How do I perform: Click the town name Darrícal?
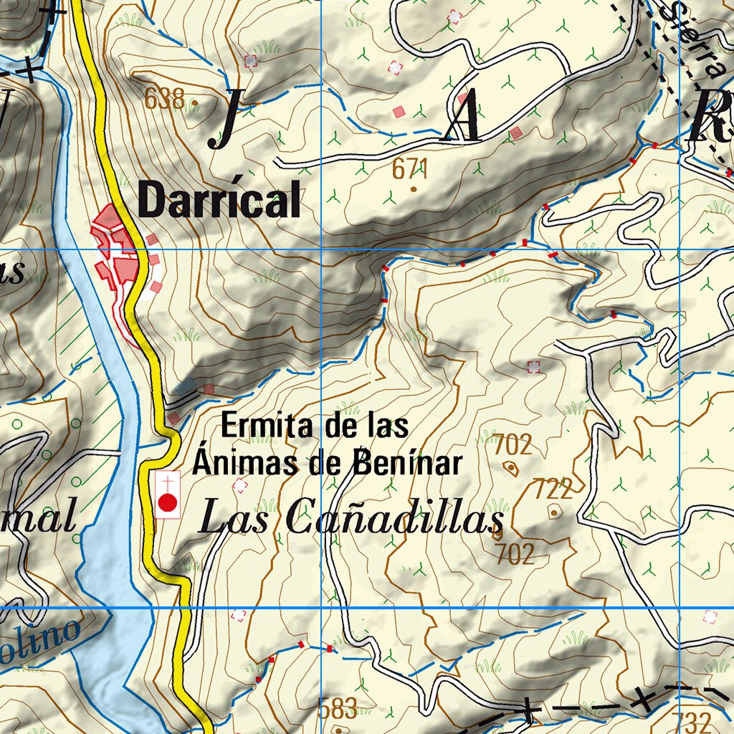pyautogui.click(x=219, y=200)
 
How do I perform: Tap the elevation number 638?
pyautogui.click(x=164, y=98)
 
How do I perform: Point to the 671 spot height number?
pyautogui.click(x=410, y=170)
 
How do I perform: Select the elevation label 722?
pyautogui.click(x=553, y=490)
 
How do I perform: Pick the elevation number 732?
pyautogui.click(x=692, y=720)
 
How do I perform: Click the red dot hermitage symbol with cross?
pyautogui.click(x=168, y=502)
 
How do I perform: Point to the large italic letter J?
pyautogui.click(x=224, y=120)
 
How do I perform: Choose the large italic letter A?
pyautogui.click(x=462, y=120)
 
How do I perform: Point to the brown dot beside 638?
pyautogui.click(x=195, y=103)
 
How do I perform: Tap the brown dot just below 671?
pyautogui.click(x=414, y=189)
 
